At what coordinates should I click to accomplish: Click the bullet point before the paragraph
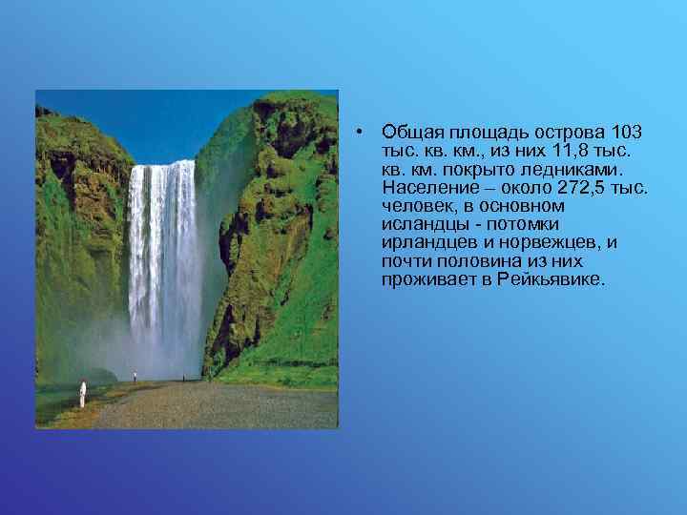click(x=355, y=131)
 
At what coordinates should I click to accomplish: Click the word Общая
click(x=407, y=131)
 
